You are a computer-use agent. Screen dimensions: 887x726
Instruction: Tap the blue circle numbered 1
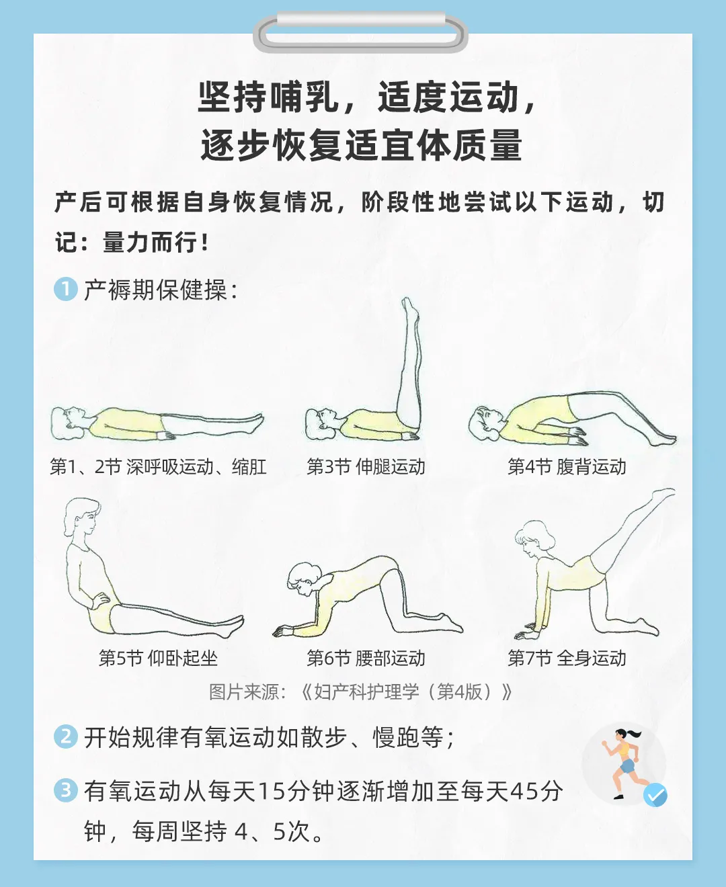coord(66,290)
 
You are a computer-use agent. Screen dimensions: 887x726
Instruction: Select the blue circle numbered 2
coord(66,736)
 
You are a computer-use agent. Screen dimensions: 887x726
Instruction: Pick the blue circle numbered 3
coord(66,790)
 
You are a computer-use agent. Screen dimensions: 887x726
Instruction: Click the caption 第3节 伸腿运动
coord(366,466)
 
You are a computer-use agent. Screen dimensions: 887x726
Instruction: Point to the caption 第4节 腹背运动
coord(567,466)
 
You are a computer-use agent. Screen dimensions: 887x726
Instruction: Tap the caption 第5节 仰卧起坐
coord(158,658)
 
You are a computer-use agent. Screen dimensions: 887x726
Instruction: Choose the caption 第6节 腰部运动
coord(366,658)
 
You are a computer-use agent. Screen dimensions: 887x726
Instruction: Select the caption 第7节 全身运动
coord(567,658)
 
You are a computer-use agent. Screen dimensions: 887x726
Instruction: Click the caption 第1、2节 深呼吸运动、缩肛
coord(158,466)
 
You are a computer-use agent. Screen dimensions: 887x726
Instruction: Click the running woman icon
coord(624,763)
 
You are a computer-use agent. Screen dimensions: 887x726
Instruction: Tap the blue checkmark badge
coord(655,795)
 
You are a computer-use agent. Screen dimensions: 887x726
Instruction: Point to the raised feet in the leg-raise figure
coord(409,308)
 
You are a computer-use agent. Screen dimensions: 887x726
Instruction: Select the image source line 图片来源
coord(360,691)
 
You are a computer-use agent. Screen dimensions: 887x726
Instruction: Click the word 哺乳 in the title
coord(306,97)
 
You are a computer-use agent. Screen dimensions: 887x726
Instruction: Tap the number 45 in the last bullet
coord(525,791)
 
